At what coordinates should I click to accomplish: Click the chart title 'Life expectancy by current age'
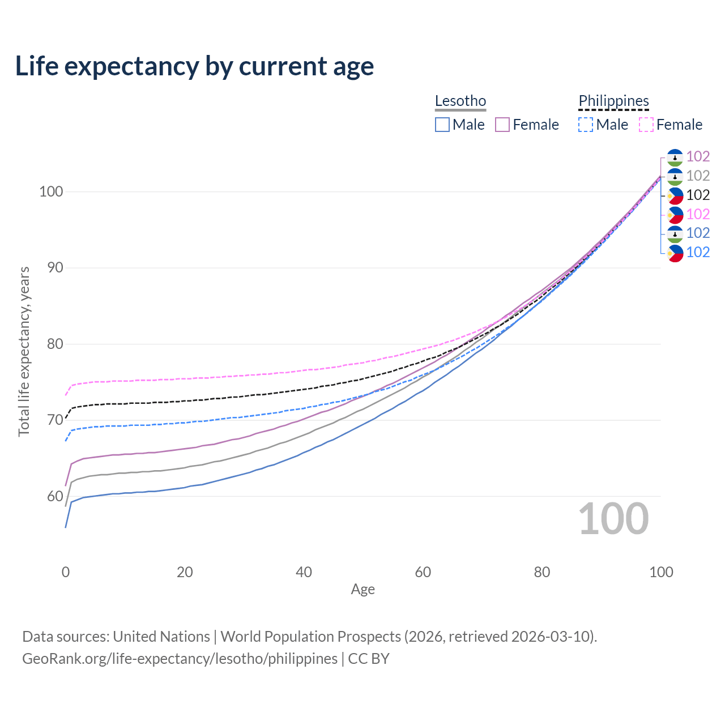(x=194, y=66)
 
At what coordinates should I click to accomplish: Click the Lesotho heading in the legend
(x=460, y=101)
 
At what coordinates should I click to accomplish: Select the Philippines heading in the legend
(x=613, y=101)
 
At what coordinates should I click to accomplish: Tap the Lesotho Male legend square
(x=442, y=125)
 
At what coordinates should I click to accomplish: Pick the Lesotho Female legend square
(x=502, y=125)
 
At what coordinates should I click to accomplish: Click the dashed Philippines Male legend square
(x=586, y=125)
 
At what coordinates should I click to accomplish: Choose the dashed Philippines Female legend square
(x=646, y=125)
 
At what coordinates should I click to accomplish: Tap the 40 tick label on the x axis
(x=304, y=572)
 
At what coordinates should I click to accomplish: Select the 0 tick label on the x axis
(x=66, y=572)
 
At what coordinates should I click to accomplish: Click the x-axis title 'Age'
(x=362, y=589)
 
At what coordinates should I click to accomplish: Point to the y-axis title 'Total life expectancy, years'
(x=24, y=352)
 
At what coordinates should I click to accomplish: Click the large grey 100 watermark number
(x=613, y=519)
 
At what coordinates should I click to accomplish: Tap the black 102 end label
(x=698, y=195)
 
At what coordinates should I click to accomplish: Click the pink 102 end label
(x=698, y=214)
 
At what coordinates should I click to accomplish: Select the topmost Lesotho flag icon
(x=675, y=157)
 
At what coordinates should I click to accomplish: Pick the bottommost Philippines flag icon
(x=675, y=253)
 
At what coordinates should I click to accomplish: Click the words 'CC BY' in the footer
(x=369, y=659)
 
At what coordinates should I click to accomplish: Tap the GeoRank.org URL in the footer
(x=180, y=659)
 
